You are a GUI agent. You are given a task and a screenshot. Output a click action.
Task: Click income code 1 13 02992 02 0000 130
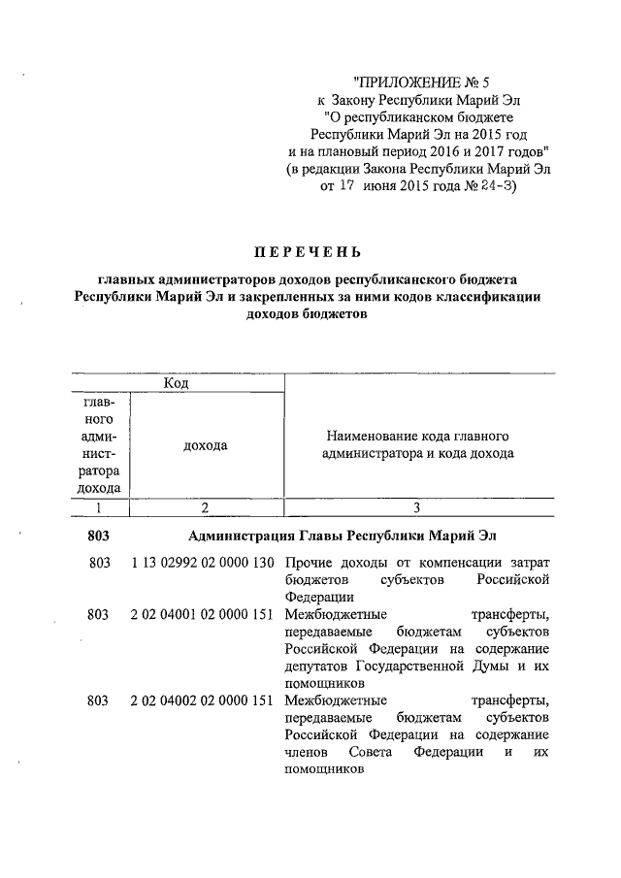[202, 563]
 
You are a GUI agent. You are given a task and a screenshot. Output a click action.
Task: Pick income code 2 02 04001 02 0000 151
[202, 615]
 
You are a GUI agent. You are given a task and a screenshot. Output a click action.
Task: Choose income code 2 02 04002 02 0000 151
[202, 700]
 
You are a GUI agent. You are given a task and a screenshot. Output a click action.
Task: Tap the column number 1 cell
[99, 507]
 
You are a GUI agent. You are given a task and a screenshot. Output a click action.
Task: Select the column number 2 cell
[204, 507]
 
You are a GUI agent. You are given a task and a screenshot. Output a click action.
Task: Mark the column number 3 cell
[415, 507]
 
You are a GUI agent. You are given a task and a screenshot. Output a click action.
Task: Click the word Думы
[480, 667]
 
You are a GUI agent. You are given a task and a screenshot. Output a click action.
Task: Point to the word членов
[308, 753]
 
